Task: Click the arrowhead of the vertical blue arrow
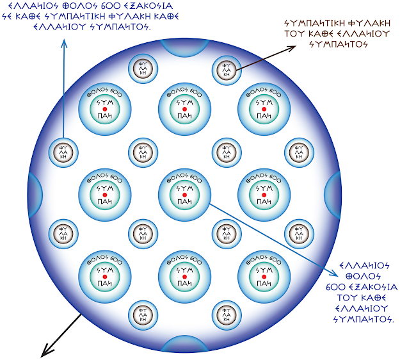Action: [64, 44]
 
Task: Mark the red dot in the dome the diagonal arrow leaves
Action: [183, 189]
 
